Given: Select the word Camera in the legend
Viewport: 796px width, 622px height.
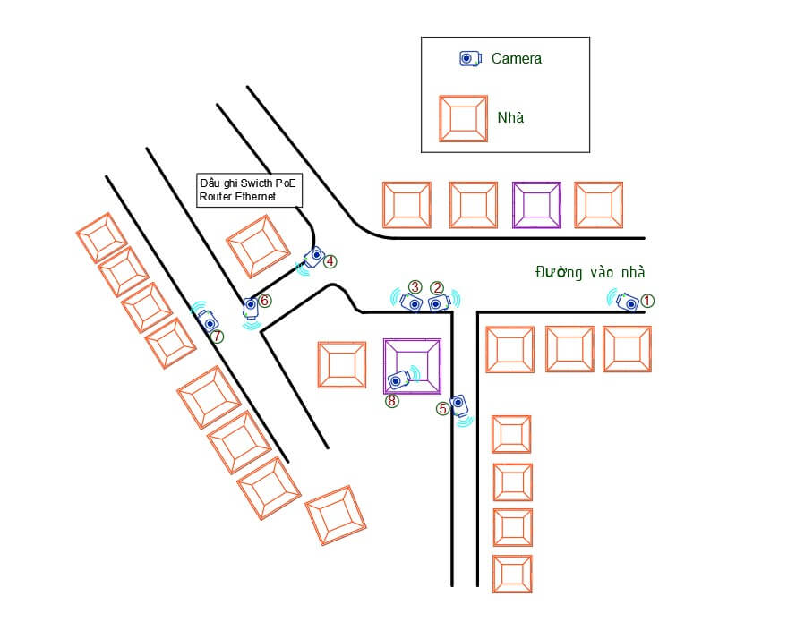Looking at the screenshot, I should [x=517, y=58].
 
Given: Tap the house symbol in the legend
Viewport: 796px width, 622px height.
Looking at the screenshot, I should [x=463, y=118].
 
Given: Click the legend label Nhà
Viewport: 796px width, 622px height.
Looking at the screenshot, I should [x=510, y=117].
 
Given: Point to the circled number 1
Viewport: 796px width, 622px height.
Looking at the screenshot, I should [x=647, y=302].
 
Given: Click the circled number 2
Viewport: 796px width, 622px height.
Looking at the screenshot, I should [x=437, y=287].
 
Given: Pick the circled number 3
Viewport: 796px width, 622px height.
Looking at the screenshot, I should [x=415, y=286].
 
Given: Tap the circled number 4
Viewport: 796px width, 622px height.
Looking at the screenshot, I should [x=330, y=261].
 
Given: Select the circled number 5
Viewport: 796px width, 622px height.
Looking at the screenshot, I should [x=442, y=408].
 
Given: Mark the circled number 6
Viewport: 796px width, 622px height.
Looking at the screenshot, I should [x=265, y=301].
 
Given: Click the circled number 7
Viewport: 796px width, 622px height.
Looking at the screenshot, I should [x=217, y=337].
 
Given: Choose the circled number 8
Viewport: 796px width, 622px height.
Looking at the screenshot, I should [x=391, y=401].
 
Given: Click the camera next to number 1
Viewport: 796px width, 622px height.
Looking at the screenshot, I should [x=629, y=302].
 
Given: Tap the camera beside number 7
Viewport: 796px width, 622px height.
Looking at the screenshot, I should [x=210, y=321].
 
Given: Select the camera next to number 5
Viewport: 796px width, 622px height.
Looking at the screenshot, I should [x=459, y=405].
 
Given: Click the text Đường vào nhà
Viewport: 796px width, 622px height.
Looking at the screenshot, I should [x=589, y=272].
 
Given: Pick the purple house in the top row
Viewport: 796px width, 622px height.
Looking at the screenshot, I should [x=536, y=205].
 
